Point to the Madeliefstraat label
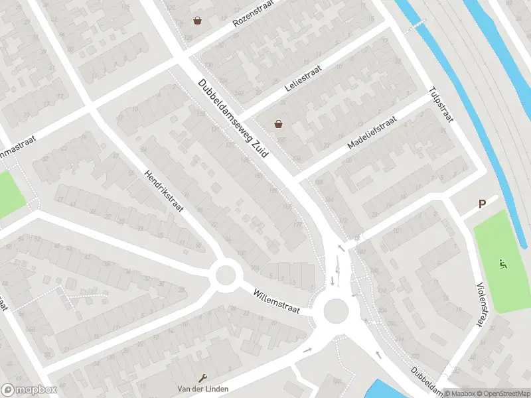point(372,133)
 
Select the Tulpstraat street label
point(441,105)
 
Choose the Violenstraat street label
point(481,304)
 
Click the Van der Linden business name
point(199,388)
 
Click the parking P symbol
point(482,205)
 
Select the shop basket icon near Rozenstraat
point(197,21)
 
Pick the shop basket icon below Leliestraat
point(279,123)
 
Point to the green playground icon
point(503,264)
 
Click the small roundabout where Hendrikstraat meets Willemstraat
point(225,274)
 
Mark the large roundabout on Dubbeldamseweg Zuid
point(335,310)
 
